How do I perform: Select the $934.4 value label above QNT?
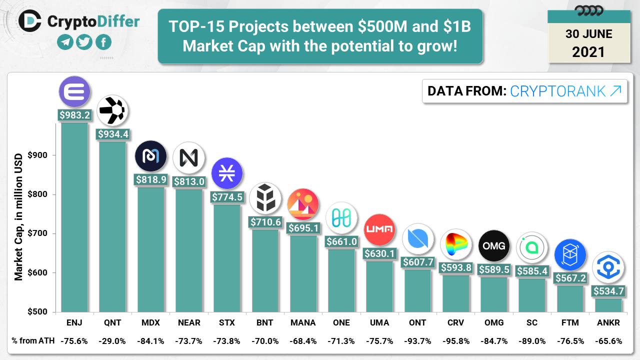click(112, 134)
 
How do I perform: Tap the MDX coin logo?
click(150, 156)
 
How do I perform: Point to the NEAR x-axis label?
click(189, 322)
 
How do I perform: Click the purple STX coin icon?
click(227, 173)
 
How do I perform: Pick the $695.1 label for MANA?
click(303, 228)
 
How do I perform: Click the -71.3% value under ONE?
click(341, 341)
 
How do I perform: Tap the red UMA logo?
click(379, 229)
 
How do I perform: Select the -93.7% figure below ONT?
click(417, 341)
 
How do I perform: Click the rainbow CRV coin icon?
click(455, 245)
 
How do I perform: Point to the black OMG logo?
click(494, 246)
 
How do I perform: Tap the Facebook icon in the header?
click(103, 42)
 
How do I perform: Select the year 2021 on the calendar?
click(588, 51)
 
